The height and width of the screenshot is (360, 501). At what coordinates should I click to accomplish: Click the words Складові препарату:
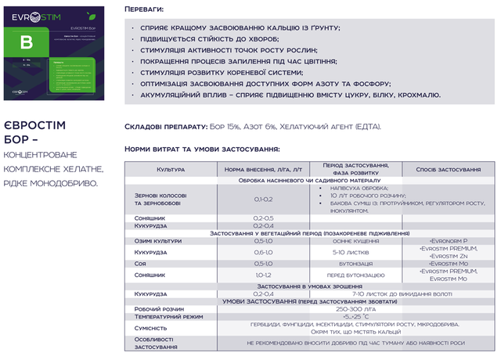pos(165,126)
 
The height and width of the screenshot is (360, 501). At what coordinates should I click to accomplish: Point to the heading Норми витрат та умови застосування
pos(201,149)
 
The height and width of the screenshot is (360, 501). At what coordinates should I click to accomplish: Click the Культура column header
pos(170,169)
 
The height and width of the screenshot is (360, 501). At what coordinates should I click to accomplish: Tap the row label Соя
pos(141,264)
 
